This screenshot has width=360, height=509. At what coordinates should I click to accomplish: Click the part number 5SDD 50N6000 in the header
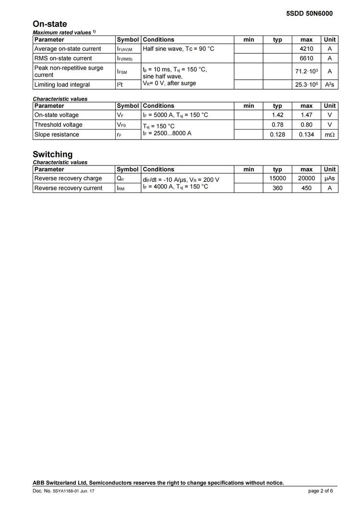point(309,13)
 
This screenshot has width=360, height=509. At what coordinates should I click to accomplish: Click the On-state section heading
point(49,24)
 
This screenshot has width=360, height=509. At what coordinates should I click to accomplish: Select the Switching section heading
point(52,154)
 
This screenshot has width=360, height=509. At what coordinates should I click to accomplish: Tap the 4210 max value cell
point(306,49)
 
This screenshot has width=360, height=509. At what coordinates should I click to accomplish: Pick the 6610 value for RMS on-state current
point(306,59)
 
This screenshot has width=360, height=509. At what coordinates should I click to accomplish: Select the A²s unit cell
point(330,85)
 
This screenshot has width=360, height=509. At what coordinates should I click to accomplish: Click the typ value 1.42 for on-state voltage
point(277,115)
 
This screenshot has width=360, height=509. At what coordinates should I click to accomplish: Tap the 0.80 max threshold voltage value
point(306,125)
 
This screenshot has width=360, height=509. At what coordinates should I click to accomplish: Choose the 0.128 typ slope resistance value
point(277,135)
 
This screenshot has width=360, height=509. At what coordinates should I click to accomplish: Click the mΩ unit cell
point(330,135)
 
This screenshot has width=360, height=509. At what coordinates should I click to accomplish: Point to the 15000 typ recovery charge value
point(277,178)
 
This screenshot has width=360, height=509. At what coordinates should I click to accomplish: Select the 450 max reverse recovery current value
point(306,188)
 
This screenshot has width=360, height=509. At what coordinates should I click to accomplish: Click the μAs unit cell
point(330,178)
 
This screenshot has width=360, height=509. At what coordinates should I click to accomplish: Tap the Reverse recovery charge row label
point(68,178)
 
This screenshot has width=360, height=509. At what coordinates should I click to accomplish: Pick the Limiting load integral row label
point(62,85)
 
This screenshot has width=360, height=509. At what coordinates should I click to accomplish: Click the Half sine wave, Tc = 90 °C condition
point(178,49)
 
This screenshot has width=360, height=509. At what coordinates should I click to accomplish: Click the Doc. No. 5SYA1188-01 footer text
point(63,491)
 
